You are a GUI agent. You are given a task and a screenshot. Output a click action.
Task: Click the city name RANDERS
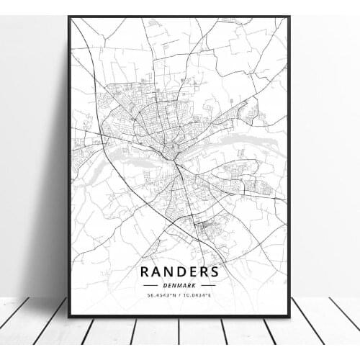point(180,272)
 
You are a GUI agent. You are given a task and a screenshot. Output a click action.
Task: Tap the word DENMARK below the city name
point(180,285)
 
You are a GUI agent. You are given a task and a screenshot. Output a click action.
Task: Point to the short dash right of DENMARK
point(207,285)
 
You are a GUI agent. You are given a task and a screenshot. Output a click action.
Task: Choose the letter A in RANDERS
point(157,272)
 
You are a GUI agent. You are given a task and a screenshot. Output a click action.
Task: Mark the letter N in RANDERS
point(169,272)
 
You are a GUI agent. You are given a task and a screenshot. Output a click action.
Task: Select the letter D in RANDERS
point(181,272)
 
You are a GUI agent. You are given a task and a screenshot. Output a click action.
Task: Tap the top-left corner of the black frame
point(69,17)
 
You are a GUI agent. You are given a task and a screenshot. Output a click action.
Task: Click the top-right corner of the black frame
point(289,17)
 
